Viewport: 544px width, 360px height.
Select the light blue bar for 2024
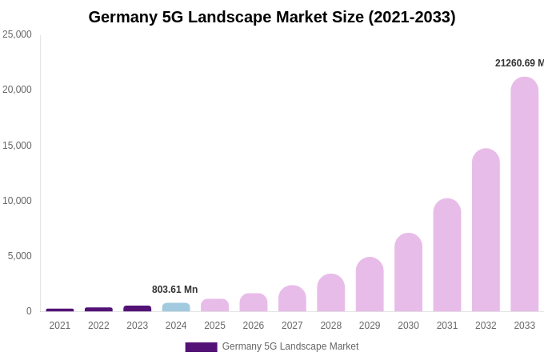coord(176,307)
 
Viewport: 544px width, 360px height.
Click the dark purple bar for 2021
coord(60,310)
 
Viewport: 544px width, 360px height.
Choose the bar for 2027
coord(292,298)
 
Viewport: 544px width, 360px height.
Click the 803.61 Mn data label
coord(174,290)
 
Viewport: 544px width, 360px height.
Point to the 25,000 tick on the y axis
coord(17,34)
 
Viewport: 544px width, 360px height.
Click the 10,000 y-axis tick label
coord(17,201)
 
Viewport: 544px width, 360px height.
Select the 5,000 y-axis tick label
coord(19,256)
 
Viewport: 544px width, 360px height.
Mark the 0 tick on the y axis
coord(29,311)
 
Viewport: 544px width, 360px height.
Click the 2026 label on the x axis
coord(254,326)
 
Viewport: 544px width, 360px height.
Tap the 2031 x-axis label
coord(447,326)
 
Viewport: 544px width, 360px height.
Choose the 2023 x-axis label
coord(138,326)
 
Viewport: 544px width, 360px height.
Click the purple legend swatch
coord(201,347)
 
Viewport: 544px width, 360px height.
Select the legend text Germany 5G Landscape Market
coord(290,346)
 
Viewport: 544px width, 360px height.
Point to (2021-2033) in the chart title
coord(411,17)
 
